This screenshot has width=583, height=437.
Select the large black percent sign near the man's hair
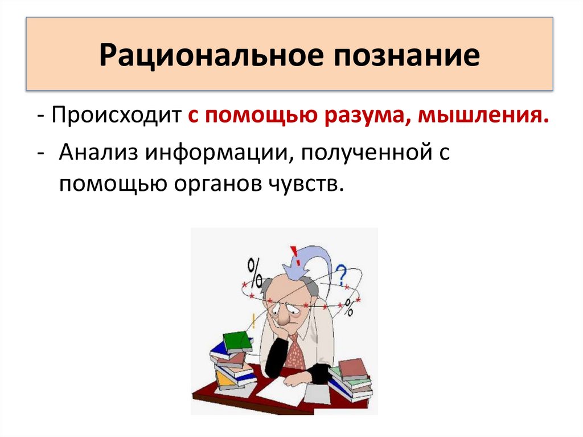255,269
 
